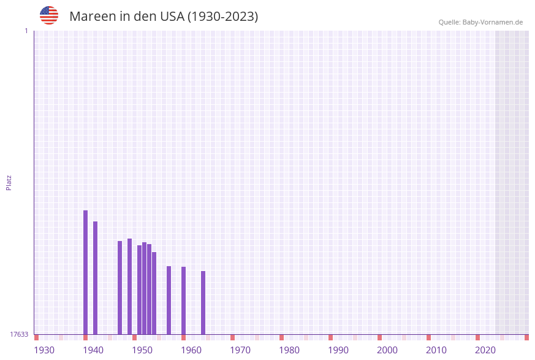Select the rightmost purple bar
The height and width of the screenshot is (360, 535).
coord(203,302)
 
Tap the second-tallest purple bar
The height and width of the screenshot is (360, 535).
coord(95,277)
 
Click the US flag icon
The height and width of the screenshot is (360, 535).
coord(49,15)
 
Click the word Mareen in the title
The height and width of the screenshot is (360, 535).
coord(91,17)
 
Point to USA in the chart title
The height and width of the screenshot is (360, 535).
coord(172,17)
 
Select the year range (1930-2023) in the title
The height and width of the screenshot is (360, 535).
coord(222,17)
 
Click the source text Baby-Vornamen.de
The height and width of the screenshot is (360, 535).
coord(492,22)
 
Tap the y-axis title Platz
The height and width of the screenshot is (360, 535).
coord(9,182)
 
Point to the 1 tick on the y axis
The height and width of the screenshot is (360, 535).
coord(26,31)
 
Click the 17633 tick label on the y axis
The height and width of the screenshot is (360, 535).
coord(19,334)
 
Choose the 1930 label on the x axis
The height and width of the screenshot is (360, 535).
coord(44,350)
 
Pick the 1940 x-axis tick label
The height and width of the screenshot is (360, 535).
coord(93,350)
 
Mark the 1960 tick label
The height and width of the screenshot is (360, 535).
coord(191,350)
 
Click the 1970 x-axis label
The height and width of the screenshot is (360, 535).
coord(240,350)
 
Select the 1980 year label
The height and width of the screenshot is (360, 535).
coord(289,350)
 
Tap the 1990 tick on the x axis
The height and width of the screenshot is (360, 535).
coord(338,350)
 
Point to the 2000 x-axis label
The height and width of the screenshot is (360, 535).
coord(387,350)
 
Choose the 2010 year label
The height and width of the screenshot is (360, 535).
coord(436,350)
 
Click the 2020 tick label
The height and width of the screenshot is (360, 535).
coord(485,350)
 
